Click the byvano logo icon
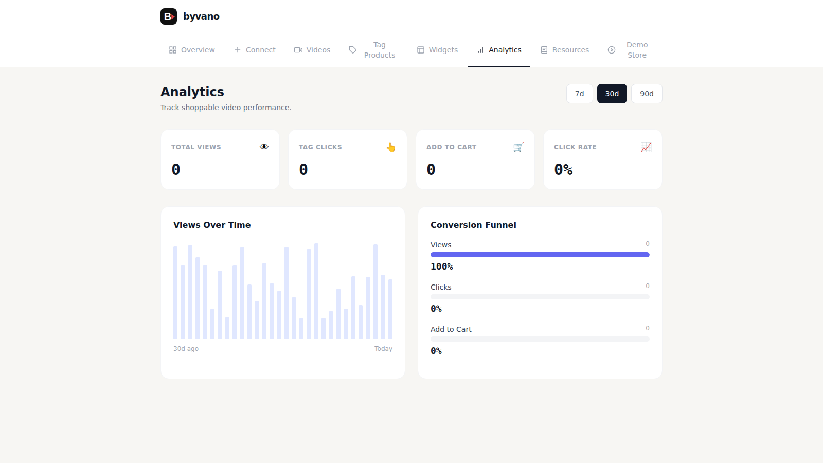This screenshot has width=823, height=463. coord(169,16)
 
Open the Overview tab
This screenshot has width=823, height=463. coord(192,50)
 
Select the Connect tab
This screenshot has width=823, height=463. coord(255,50)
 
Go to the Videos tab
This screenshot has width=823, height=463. coord(312,50)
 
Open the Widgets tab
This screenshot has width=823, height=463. coord(437,50)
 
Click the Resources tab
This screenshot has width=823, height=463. coord(565,50)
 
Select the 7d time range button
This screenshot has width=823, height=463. coord(580,94)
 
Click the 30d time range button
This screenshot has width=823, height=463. coord(612,94)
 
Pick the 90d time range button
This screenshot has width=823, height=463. coord(647,94)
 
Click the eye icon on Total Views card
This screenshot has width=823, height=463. coord(264,147)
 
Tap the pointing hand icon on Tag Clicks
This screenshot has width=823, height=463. coord(391,147)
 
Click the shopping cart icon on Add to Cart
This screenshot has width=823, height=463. coord(518,147)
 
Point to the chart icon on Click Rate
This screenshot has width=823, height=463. coord(646,147)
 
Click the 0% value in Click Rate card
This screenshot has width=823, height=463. coord(563,170)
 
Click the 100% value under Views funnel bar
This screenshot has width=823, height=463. coord(442,266)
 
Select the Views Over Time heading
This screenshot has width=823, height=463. coord(212,225)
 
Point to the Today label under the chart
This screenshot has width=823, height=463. coord(383,349)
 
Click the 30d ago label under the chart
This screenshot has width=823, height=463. coord(186,349)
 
